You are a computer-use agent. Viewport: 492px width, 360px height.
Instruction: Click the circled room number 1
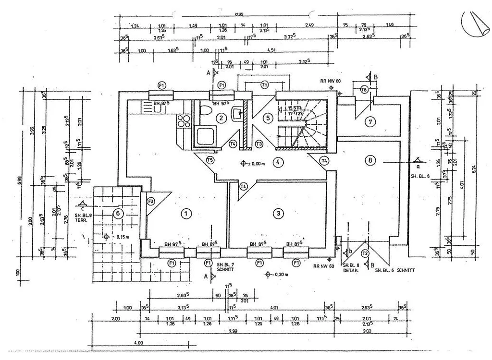[x=186, y=214]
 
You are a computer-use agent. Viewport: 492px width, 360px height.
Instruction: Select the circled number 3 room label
[x=277, y=214]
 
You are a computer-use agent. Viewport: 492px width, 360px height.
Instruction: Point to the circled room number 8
[x=369, y=160]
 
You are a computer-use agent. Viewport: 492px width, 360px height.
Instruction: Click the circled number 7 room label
[x=369, y=121]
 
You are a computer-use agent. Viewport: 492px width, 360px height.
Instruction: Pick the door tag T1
[x=264, y=84]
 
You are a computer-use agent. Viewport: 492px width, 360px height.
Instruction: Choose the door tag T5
[x=209, y=160]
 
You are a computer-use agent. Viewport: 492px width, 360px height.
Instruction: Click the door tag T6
[x=364, y=89]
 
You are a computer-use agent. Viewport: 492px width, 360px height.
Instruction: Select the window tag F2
[x=150, y=201]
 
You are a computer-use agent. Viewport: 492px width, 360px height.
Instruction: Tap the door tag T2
[x=365, y=253]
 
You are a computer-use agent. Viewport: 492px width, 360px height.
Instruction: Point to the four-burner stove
[x=183, y=121]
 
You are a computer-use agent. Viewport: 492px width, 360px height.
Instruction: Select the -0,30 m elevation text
[x=280, y=275]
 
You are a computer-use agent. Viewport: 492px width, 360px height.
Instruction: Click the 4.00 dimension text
[x=139, y=343]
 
